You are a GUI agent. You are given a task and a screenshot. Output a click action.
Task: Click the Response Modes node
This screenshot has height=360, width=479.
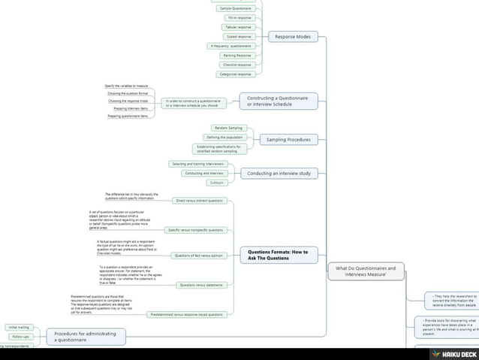pos(294,36)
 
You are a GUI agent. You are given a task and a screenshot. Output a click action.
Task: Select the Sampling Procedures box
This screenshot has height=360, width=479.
pos(288,140)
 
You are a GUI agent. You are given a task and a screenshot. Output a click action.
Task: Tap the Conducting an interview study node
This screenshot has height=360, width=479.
pos(279,174)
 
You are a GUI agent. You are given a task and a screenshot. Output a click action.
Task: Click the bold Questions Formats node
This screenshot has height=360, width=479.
pos(278,255)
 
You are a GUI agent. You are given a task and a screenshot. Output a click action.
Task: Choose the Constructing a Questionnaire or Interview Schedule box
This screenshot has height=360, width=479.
pos(278,101)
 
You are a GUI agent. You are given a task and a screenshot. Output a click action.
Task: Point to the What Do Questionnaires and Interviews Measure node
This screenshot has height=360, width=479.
pos(366,271)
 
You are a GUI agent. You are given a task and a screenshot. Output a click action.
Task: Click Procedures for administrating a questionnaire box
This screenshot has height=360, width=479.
pos(86,336)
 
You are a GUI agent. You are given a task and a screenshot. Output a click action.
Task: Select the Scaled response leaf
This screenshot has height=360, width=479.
pos(239,36)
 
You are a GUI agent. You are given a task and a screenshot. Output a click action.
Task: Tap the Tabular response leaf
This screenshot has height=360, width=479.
pos(239,27)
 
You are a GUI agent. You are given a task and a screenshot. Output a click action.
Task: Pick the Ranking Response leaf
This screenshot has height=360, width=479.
pos(237,55)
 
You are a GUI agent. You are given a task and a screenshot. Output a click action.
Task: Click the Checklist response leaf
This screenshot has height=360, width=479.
pos(237,65)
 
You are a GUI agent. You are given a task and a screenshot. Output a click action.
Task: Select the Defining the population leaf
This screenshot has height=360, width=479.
pos(224,138)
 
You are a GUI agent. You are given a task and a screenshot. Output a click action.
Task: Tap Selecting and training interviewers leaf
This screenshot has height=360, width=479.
pos(197,163)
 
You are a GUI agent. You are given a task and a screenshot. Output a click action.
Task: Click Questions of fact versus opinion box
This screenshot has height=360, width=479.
pos(198,256)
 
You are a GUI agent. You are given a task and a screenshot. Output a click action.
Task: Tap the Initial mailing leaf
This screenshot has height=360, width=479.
pos(19,328)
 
